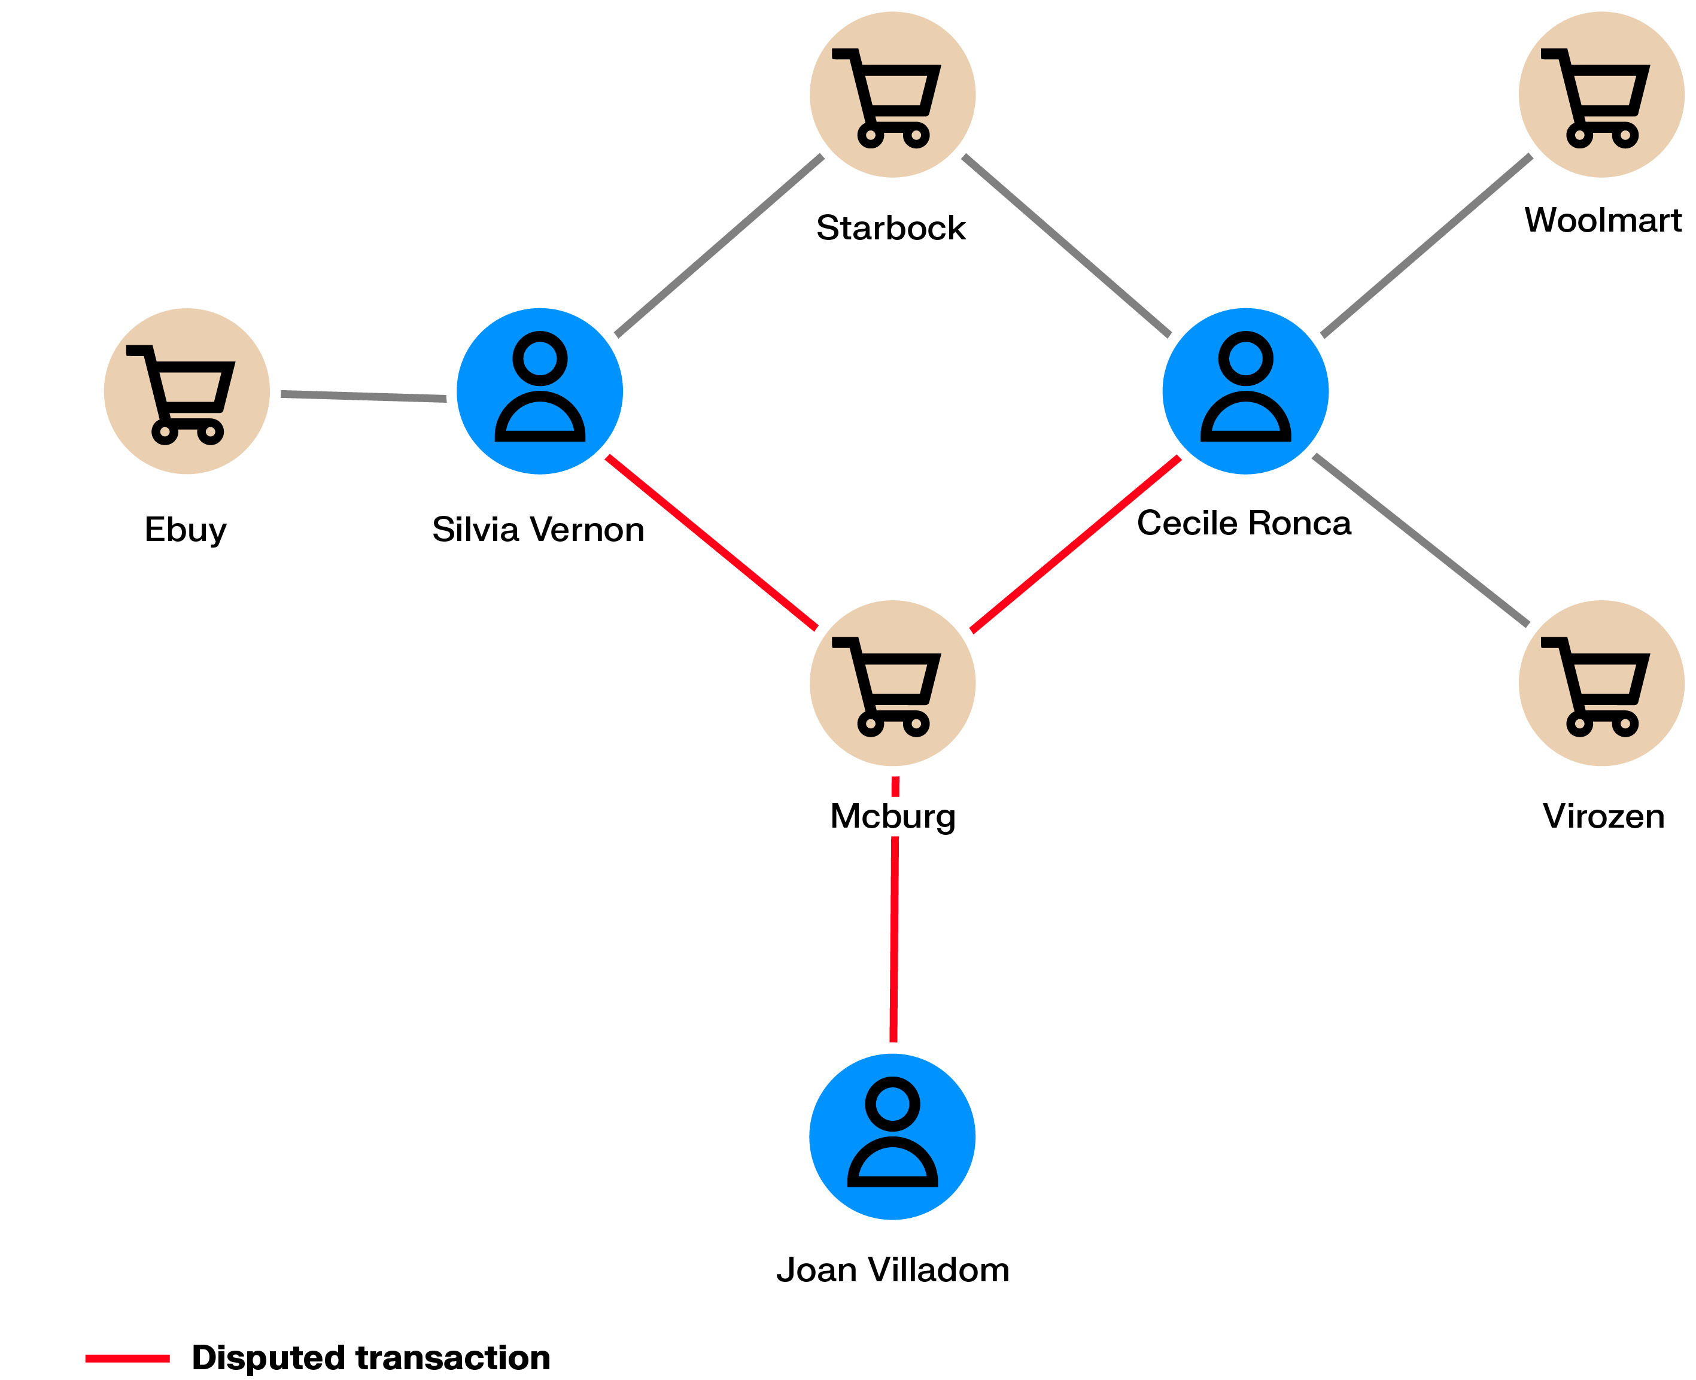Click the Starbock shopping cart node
(x=892, y=95)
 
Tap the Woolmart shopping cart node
(x=1601, y=95)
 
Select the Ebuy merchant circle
(x=187, y=391)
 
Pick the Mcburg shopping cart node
(x=892, y=683)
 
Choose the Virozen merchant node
(x=1601, y=683)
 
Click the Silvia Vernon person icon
(x=540, y=391)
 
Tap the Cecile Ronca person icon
(x=1245, y=391)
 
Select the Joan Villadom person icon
(x=892, y=1137)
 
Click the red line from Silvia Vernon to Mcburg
(x=712, y=542)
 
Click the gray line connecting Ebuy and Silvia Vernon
(x=363, y=396)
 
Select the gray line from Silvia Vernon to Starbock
(x=719, y=245)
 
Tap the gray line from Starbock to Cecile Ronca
(x=1066, y=245)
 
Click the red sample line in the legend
(x=127, y=1358)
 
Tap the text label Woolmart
(x=1602, y=220)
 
